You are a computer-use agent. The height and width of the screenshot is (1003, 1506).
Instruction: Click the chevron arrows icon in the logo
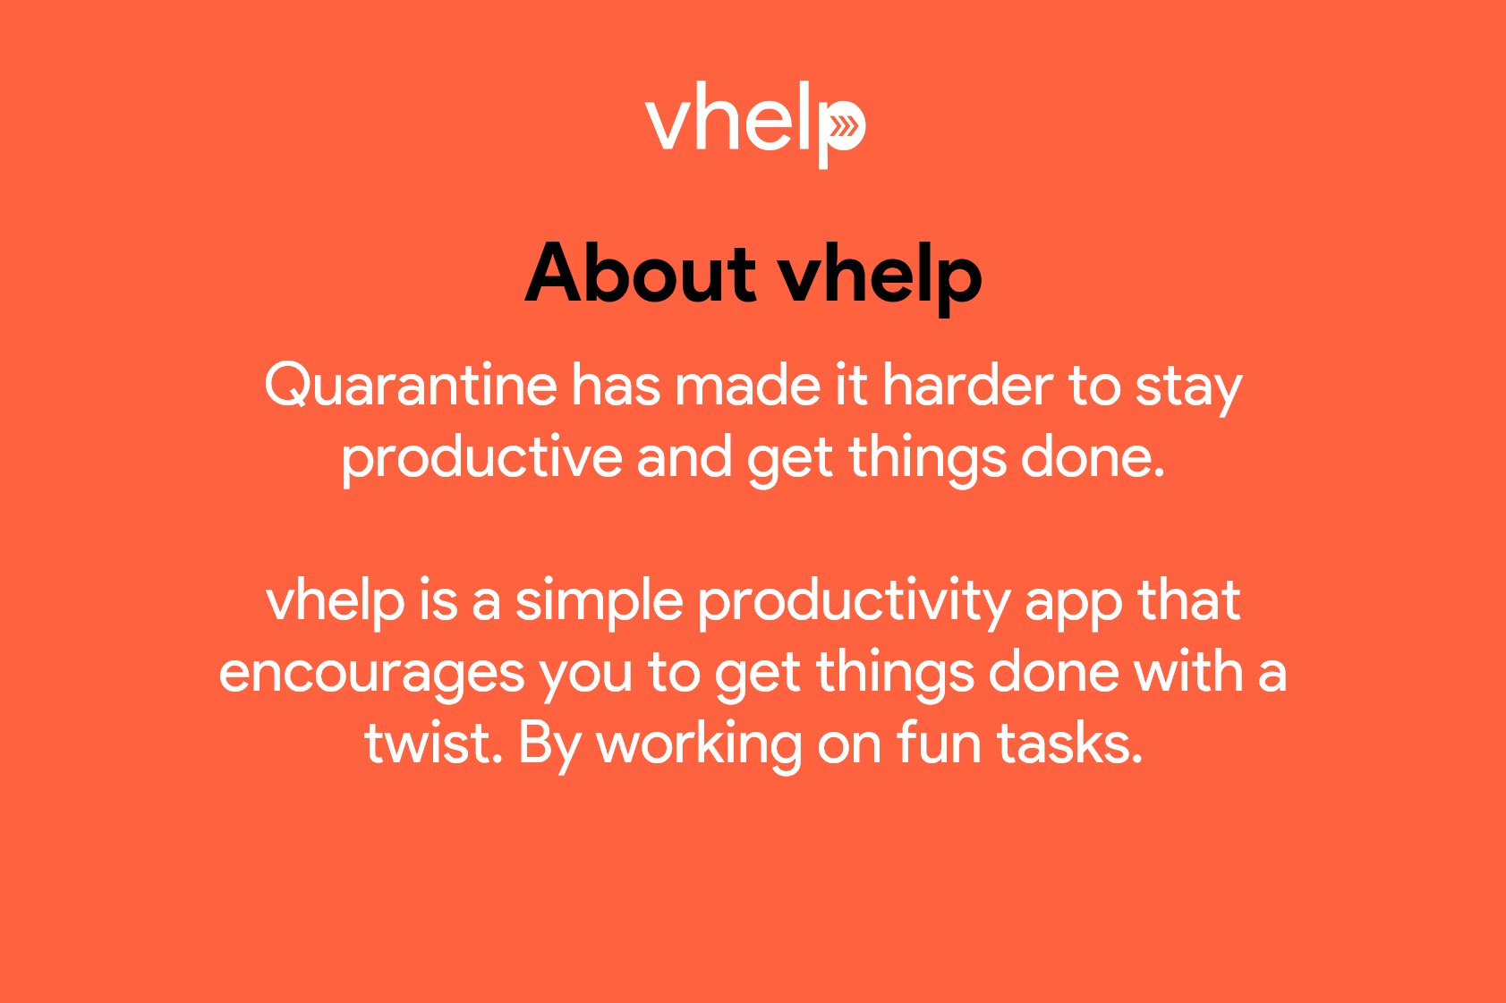click(844, 126)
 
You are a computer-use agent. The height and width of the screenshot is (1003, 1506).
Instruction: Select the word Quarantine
click(411, 386)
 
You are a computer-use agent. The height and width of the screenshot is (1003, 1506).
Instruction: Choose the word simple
click(599, 603)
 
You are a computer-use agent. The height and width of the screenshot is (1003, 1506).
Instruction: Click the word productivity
click(854, 603)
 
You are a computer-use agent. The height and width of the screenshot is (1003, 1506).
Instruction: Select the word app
click(1074, 607)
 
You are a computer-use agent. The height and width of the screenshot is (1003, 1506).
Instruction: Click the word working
click(699, 748)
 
